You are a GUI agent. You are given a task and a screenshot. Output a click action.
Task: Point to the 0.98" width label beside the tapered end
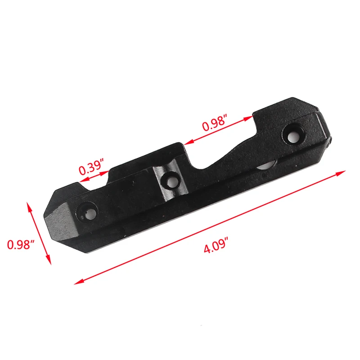pos(21,245)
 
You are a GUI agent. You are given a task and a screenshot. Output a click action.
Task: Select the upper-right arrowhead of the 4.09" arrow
pos(343,172)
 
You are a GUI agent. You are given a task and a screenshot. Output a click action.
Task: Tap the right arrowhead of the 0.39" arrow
pos(108,171)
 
